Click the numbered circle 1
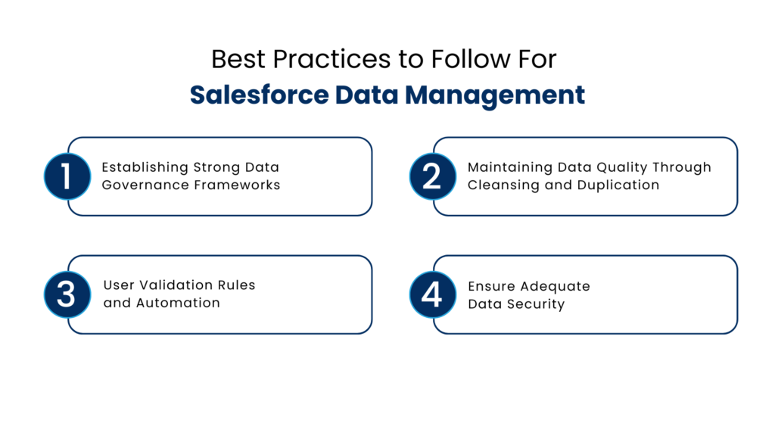(x=67, y=176)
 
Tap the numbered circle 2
(x=432, y=176)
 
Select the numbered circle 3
(x=67, y=294)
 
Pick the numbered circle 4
(x=432, y=294)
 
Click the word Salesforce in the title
(x=258, y=95)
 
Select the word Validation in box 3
(x=175, y=285)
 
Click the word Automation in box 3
(x=178, y=304)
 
